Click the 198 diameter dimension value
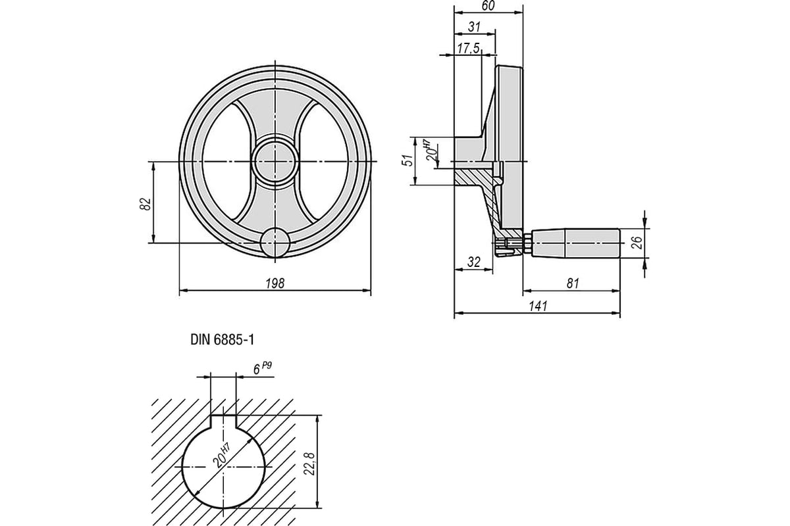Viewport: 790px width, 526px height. pyautogui.click(x=275, y=283)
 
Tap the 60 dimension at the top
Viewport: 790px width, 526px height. pyautogui.click(x=488, y=6)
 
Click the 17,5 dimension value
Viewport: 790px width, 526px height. pyautogui.click(x=468, y=49)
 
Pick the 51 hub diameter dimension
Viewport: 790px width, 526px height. pyautogui.click(x=408, y=161)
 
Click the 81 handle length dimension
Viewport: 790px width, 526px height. pyautogui.click(x=571, y=283)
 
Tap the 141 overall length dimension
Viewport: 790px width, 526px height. pyautogui.click(x=538, y=306)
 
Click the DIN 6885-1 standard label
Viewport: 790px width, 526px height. pyautogui.click(x=222, y=340)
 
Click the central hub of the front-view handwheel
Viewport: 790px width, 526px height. pyautogui.click(x=275, y=161)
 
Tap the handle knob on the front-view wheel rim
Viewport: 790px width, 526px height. pyautogui.click(x=275, y=243)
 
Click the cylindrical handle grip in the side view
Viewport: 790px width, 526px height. pyautogui.click(x=574, y=244)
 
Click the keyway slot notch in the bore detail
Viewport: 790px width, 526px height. pyautogui.click(x=223, y=422)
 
